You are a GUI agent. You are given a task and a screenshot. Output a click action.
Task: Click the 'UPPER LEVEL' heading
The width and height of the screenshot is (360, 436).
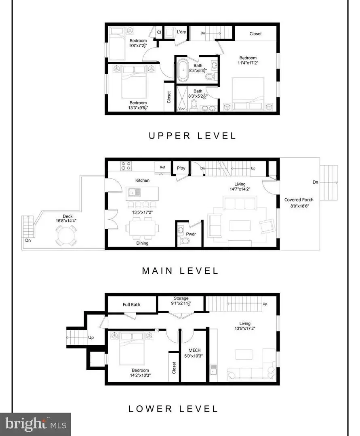[192, 136]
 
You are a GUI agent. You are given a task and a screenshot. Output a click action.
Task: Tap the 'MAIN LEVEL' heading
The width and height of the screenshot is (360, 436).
[180, 271]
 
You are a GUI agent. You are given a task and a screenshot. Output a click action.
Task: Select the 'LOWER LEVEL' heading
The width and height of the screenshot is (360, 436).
[173, 409]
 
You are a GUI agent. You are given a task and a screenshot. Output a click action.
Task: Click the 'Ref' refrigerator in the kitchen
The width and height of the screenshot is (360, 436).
[162, 167]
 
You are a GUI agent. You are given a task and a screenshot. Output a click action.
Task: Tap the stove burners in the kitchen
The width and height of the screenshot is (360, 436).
[126, 166]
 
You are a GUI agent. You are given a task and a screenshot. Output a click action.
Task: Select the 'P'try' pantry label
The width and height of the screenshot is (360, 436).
[181, 168]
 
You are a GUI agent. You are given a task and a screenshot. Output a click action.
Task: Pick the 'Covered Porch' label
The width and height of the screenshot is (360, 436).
[299, 200]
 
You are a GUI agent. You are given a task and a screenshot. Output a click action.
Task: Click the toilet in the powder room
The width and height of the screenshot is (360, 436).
[184, 241]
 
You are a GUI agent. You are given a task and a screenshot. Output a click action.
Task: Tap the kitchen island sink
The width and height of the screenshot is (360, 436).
[132, 193]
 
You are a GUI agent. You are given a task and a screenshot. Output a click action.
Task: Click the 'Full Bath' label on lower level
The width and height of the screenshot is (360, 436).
[132, 304]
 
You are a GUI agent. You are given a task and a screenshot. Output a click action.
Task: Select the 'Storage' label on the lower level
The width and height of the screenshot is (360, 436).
[181, 298]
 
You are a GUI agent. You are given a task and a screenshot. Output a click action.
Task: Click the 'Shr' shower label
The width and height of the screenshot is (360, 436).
[182, 109]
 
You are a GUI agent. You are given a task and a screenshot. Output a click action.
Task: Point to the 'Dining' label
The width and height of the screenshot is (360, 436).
[142, 243]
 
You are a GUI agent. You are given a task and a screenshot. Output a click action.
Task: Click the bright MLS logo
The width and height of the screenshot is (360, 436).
[36, 423]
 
